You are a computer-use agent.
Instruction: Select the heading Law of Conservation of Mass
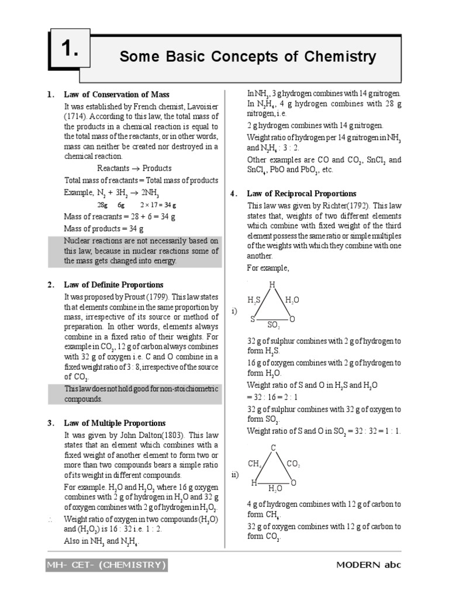pyautogui.click(x=117, y=95)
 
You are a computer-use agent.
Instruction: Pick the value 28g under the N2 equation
pyautogui.click(x=102, y=206)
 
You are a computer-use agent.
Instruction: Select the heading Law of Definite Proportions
pyautogui.click(x=114, y=285)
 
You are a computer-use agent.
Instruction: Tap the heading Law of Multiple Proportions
pyautogui.click(x=115, y=423)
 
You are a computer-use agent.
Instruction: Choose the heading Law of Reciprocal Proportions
pyautogui.click(x=302, y=194)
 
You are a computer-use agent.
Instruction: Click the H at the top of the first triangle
pyautogui.click(x=272, y=284)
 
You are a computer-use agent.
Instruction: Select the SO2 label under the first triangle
pyautogui.click(x=273, y=326)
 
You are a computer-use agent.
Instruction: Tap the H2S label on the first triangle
pyautogui.click(x=254, y=300)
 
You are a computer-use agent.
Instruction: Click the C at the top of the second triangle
pyautogui.click(x=272, y=447)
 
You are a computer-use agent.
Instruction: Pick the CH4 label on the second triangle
pyautogui.click(x=254, y=464)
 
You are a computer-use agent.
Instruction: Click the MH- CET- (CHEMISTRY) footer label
pyautogui.click(x=107, y=565)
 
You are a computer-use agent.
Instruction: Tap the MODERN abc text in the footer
pyautogui.click(x=368, y=565)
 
